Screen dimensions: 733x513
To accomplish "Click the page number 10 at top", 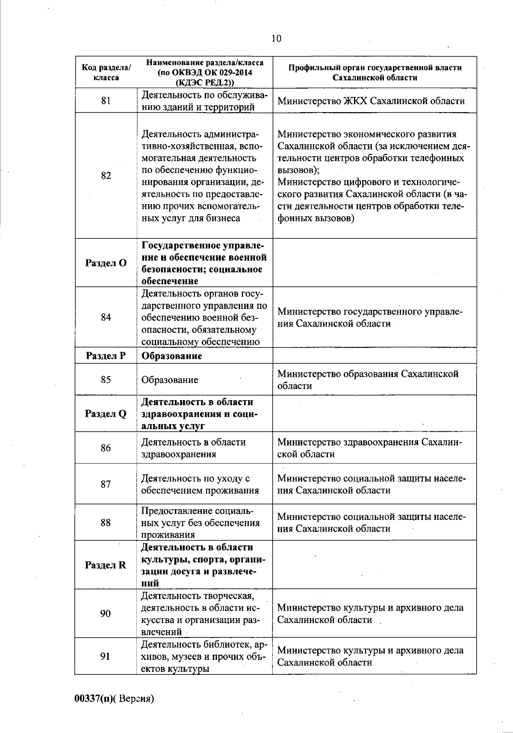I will click(x=276, y=39).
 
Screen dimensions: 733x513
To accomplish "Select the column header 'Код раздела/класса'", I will click(x=106, y=73).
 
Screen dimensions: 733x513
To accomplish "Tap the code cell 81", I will click(x=106, y=101).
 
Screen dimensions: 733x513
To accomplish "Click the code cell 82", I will click(x=106, y=175).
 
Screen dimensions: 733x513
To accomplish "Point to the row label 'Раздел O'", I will click(x=106, y=263).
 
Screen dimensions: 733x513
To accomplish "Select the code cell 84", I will click(x=106, y=317).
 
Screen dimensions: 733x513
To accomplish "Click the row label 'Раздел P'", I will click(x=106, y=356).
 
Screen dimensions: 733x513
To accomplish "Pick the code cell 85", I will click(x=106, y=380).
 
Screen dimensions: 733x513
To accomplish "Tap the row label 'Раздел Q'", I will click(x=106, y=414).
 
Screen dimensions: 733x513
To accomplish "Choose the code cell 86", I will click(x=106, y=448).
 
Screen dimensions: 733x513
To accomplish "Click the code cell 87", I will click(x=106, y=484).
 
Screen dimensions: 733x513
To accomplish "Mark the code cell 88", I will click(x=106, y=522).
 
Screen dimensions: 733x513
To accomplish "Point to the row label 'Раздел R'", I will click(x=106, y=565).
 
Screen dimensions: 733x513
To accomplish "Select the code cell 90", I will click(x=106, y=614).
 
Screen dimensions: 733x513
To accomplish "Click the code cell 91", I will click(x=106, y=656).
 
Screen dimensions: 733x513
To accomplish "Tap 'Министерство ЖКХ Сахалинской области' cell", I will click(x=371, y=101).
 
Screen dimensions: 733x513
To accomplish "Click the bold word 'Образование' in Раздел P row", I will click(x=171, y=356).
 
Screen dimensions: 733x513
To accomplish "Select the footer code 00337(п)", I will click(x=94, y=699).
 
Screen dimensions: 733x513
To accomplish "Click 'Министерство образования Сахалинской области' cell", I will click(x=368, y=380).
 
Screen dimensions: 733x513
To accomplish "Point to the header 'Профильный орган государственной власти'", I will click(x=375, y=68).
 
